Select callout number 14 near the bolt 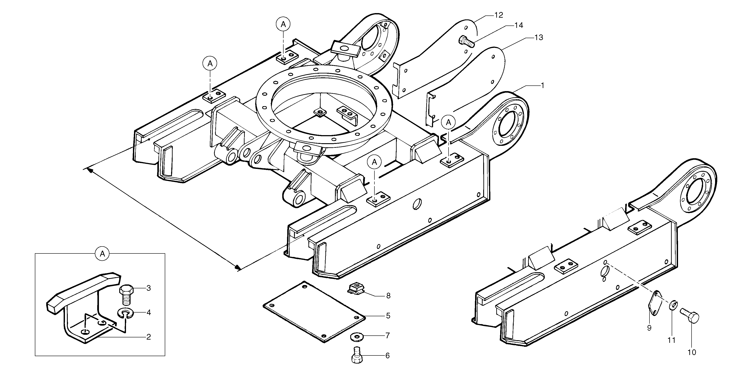(518, 25)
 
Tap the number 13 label (539, 37)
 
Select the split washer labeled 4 (126, 313)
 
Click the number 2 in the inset (148, 337)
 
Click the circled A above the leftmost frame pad (210, 63)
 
